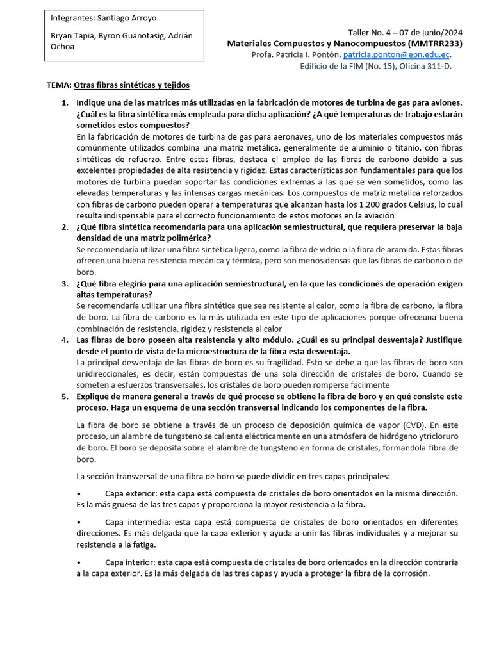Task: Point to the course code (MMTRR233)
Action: [434, 44]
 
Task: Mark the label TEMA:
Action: [60, 85]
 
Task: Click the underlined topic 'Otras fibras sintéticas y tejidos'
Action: [132, 85]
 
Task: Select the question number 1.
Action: [64, 103]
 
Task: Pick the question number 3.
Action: [64, 283]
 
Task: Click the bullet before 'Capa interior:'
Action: [78, 562]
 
